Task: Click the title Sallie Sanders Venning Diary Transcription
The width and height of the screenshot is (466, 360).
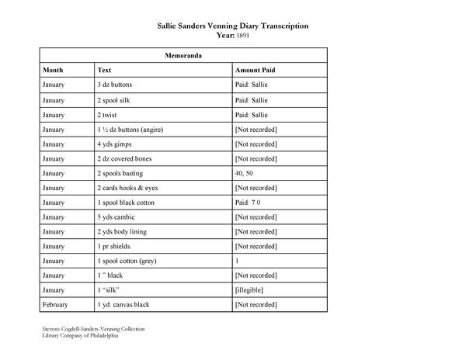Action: pos(233,26)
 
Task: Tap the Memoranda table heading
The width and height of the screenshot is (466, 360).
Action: pos(183,56)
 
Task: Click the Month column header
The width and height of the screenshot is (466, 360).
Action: pos(54,70)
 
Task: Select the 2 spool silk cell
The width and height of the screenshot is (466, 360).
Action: pos(114,99)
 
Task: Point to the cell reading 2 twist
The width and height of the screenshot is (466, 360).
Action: pos(108,114)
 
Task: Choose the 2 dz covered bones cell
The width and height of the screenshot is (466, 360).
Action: pos(124,158)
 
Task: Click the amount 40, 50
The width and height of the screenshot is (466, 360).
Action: pos(244,173)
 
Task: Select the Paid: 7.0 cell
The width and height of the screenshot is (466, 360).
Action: pos(249,202)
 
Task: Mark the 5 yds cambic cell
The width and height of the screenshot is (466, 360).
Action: pos(116,217)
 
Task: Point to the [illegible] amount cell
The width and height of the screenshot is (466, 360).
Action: pos(249,290)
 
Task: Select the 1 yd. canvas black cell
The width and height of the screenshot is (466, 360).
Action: pos(124,305)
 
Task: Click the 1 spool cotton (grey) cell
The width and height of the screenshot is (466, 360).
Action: pos(127,261)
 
